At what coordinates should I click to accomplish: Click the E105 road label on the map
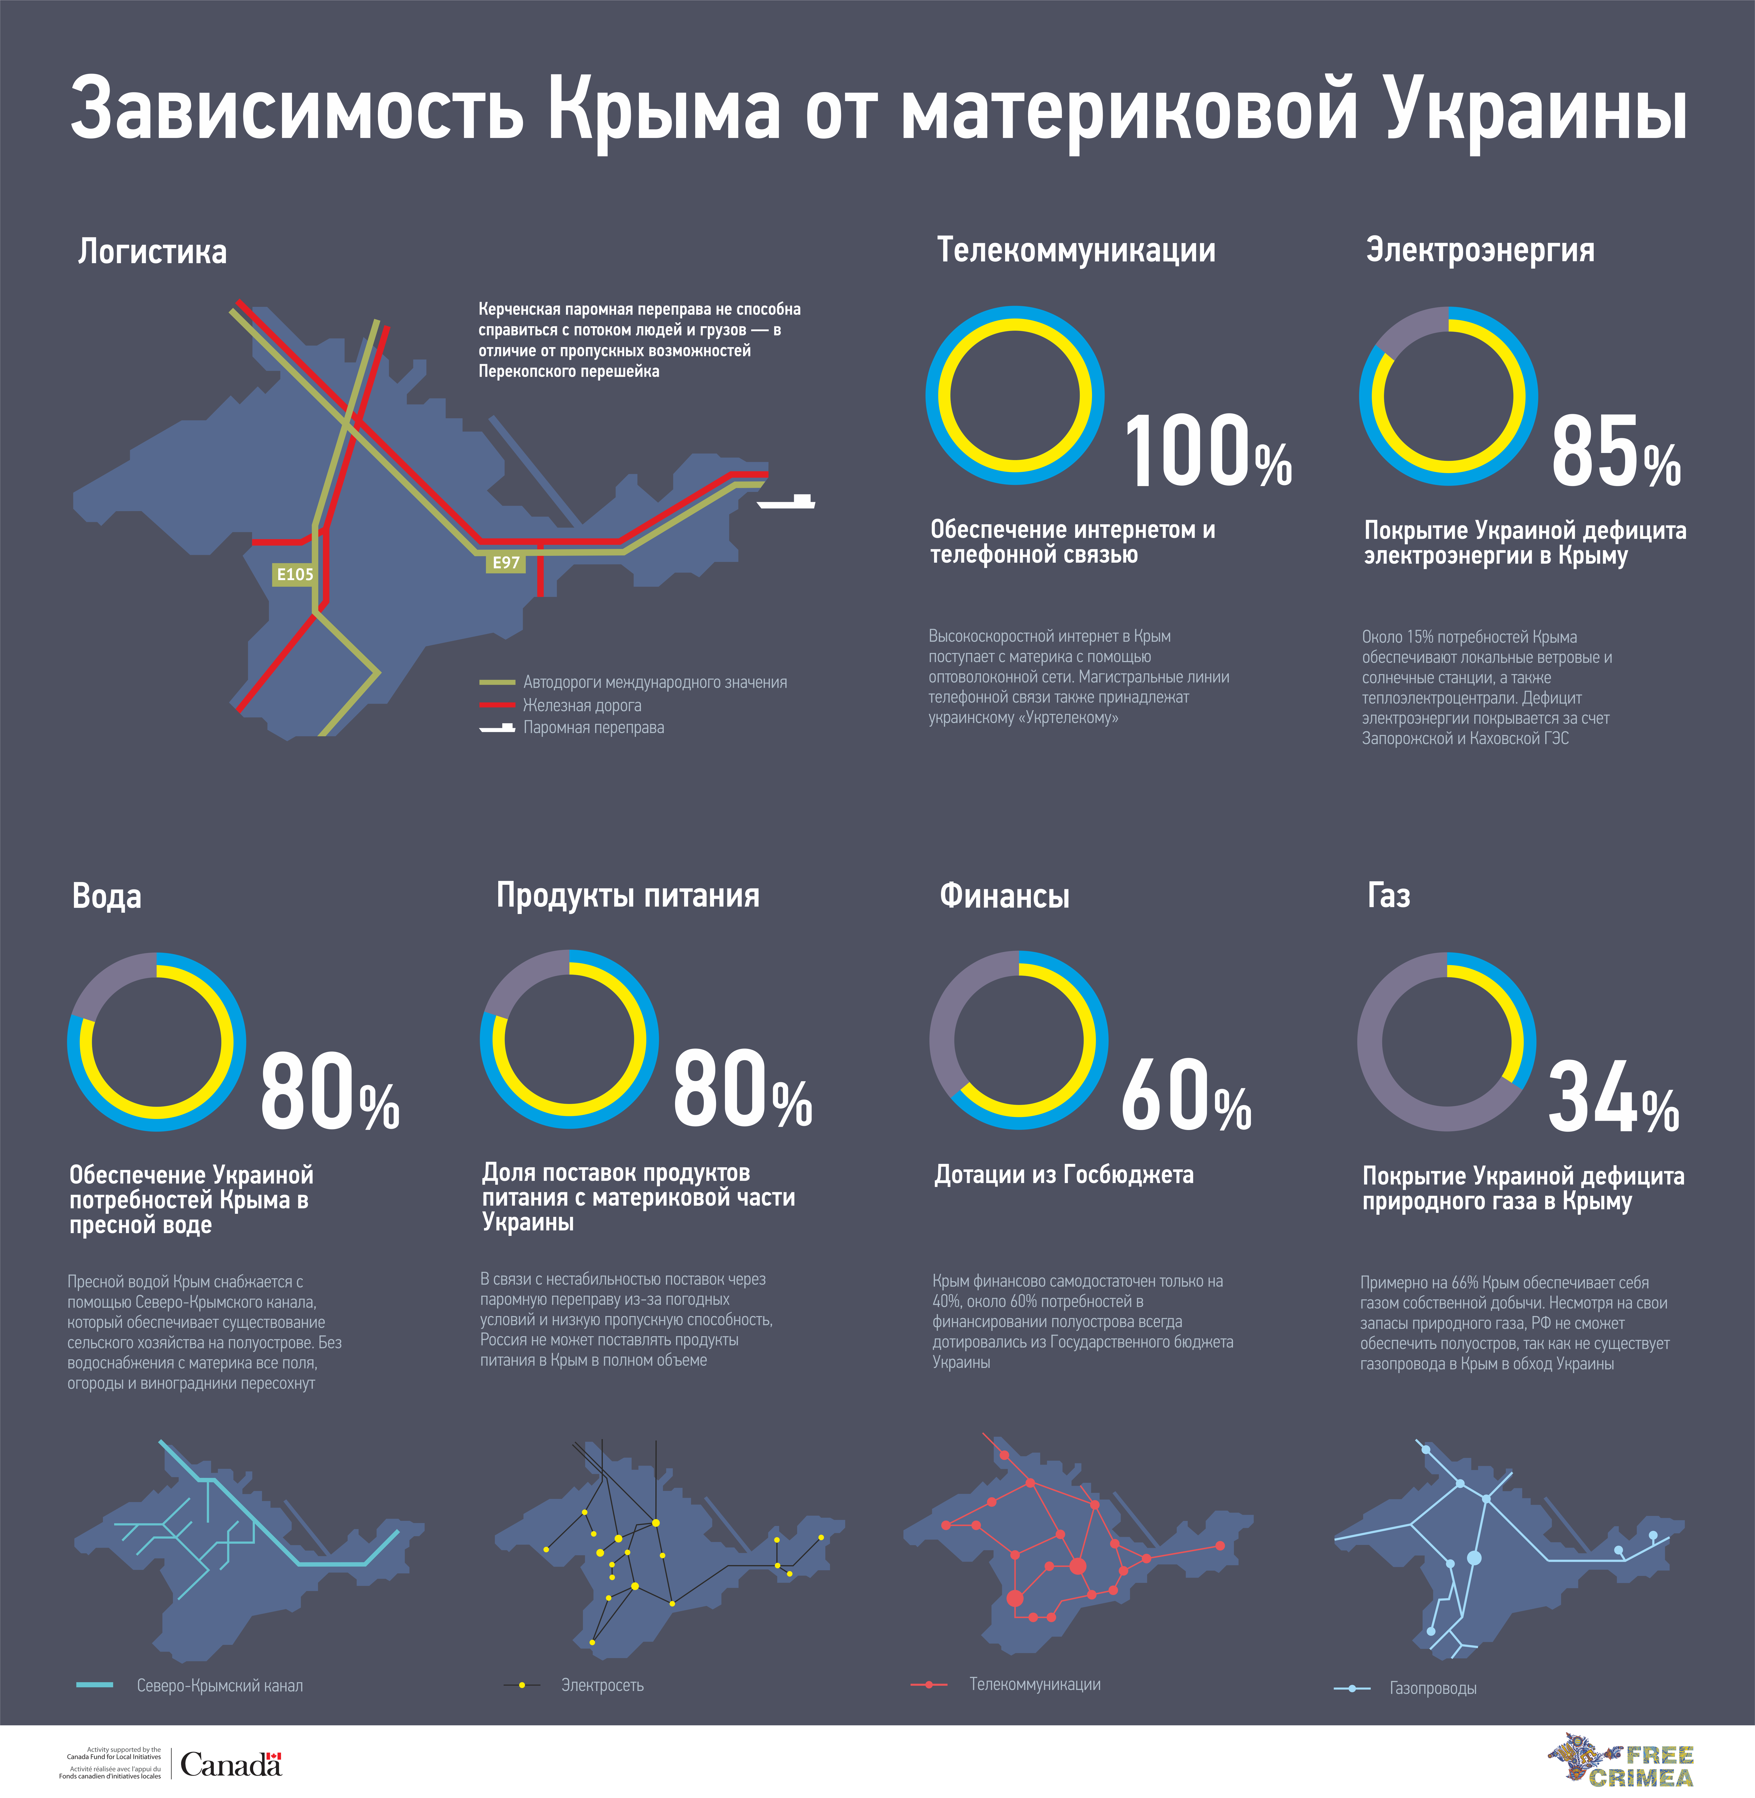click(x=295, y=574)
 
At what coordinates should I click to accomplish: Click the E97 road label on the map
click(x=506, y=562)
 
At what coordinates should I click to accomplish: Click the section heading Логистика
click(x=152, y=252)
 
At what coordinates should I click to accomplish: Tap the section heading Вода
click(x=107, y=896)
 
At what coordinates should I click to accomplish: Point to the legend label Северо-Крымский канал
click(x=219, y=1686)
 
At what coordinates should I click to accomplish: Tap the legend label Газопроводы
click(x=1432, y=1688)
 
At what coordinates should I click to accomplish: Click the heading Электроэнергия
click(x=1479, y=251)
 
